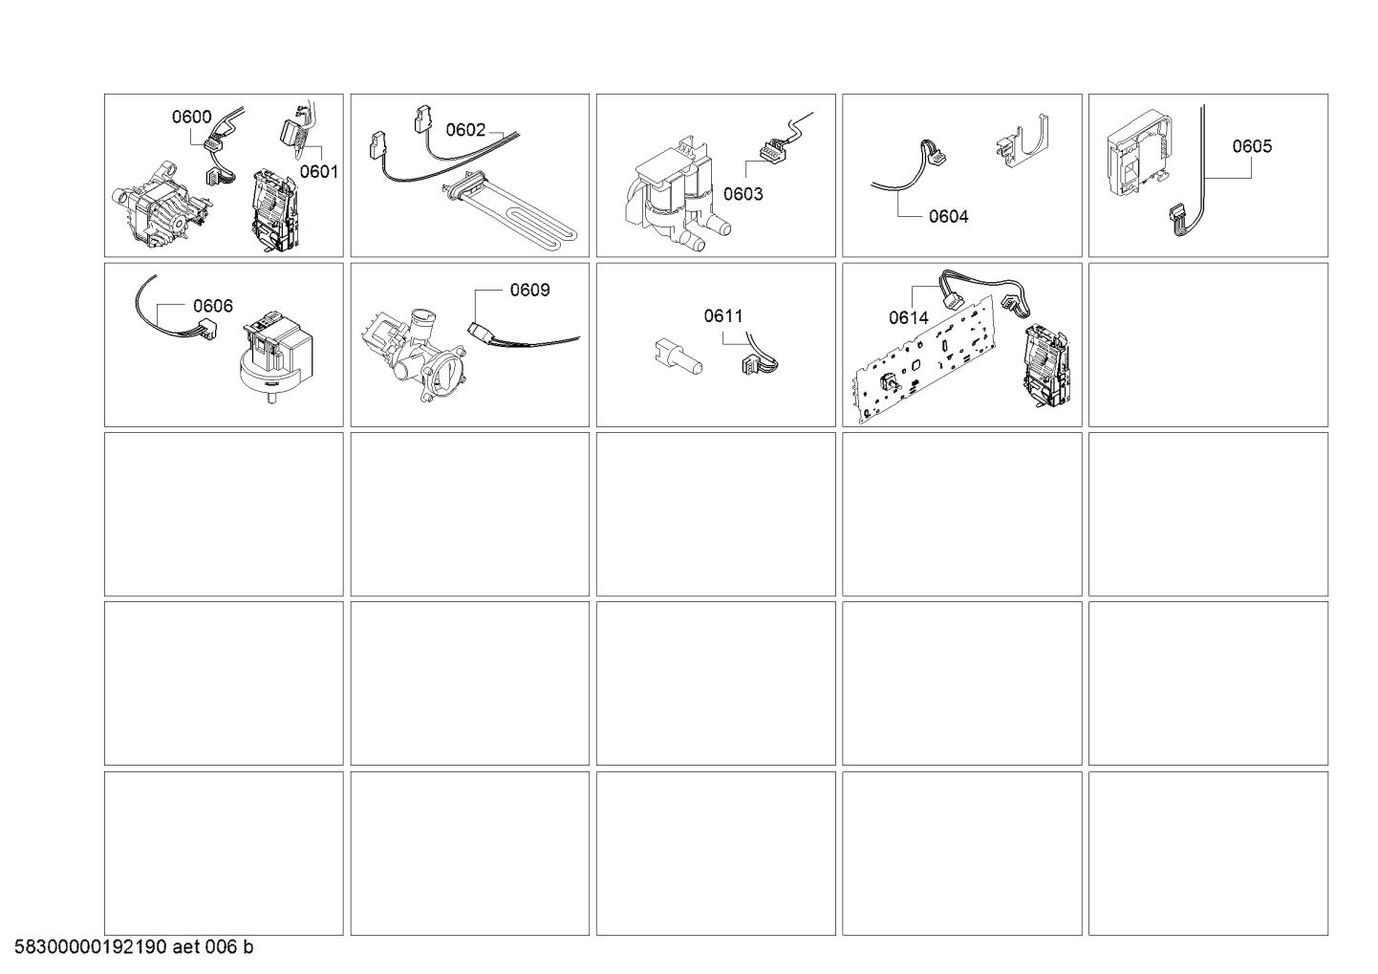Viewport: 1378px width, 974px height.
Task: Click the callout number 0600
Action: (x=191, y=117)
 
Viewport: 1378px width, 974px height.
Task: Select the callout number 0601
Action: (x=319, y=172)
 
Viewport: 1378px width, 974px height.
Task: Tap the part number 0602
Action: (x=465, y=130)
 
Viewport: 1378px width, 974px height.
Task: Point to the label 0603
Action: (x=743, y=194)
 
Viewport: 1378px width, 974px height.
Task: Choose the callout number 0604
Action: (x=949, y=217)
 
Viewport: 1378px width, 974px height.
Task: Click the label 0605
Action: (x=1252, y=146)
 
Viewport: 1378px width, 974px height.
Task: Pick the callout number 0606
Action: (x=213, y=306)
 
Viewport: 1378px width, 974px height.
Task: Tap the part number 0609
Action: (x=530, y=290)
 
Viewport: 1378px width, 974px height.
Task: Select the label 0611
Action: (x=723, y=316)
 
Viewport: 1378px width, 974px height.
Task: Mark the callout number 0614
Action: (x=909, y=317)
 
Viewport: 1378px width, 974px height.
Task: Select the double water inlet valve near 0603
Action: (x=677, y=197)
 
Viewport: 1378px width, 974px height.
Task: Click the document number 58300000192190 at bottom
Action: (x=91, y=947)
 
